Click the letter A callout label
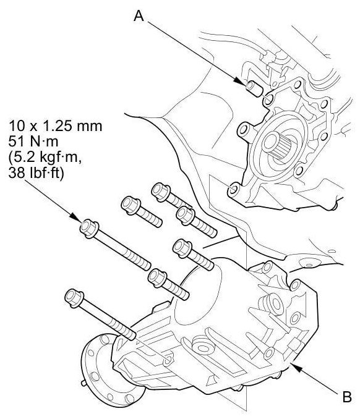pos(139,16)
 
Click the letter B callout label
pos(347,397)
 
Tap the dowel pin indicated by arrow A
pos(254,88)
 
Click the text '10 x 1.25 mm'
pos(56,126)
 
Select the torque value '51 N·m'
pos(33,142)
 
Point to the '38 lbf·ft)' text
pos(36,174)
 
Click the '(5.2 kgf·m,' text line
pos(45,158)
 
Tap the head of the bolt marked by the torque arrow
pos(89,228)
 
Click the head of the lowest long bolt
pos(74,298)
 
